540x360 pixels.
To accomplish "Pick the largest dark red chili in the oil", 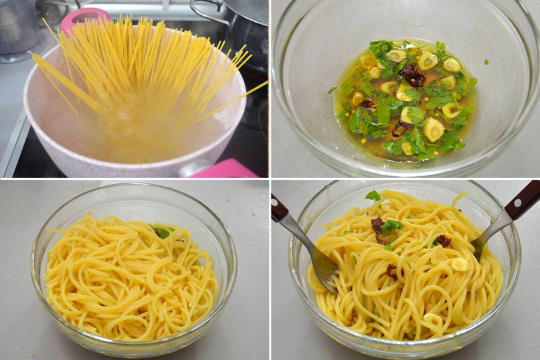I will (x=413, y=75).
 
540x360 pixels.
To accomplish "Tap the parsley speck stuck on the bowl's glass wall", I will (x=332, y=89).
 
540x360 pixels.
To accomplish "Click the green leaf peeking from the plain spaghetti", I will (x=161, y=231).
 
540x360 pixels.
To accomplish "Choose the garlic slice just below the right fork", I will (x=459, y=264).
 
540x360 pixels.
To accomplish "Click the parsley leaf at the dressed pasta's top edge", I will (x=373, y=196).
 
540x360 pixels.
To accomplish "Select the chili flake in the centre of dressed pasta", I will (x=391, y=270).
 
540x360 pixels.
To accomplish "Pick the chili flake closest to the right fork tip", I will (x=442, y=240).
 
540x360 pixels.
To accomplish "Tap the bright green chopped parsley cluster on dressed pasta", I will (x=391, y=225).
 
